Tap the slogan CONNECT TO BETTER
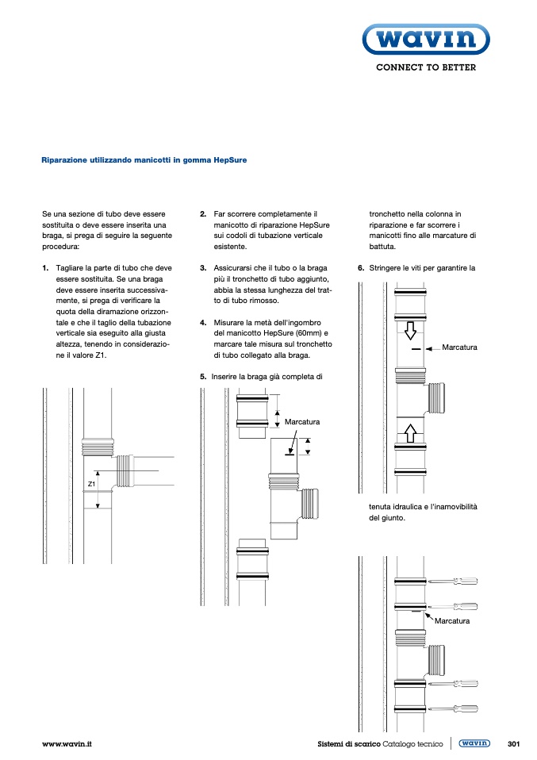(426, 68)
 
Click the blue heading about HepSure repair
(144, 159)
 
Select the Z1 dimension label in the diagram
(91, 483)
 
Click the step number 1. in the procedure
(45, 269)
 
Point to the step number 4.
(203, 323)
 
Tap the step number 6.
(361, 268)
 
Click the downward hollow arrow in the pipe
(411, 328)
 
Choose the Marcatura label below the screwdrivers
(452, 621)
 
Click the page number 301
(512, 744)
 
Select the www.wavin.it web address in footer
(67, 744)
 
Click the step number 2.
(203, 214)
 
